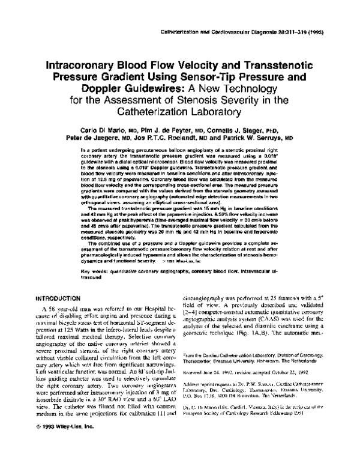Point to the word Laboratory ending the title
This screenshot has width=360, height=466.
coord(227,111)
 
